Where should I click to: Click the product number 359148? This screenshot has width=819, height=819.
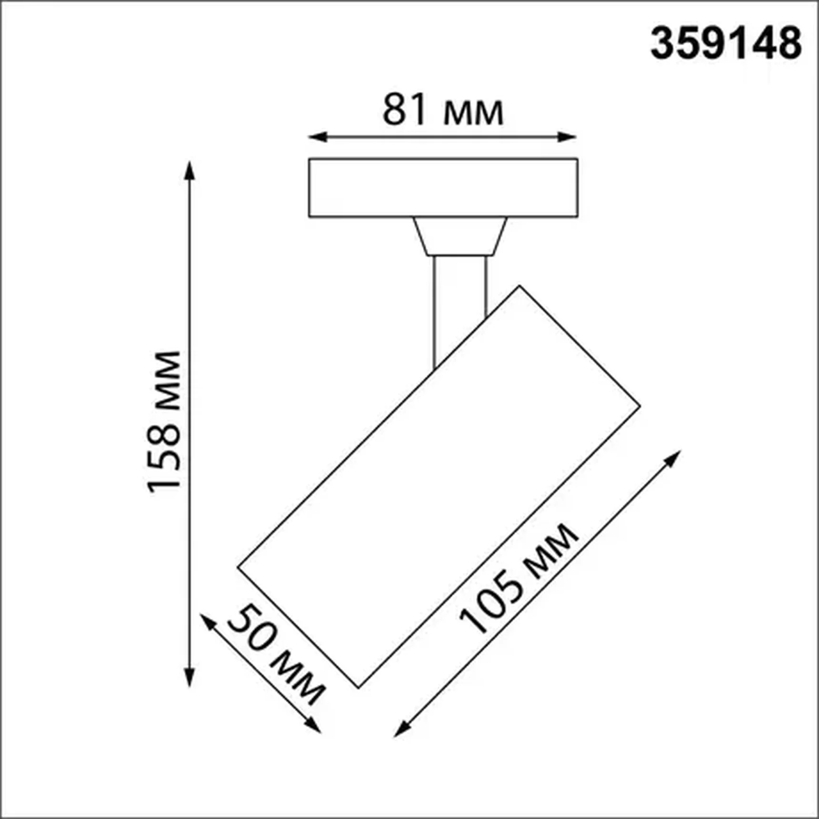(726, 44)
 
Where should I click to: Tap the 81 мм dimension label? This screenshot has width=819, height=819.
(443, 110)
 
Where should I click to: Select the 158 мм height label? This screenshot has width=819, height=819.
(164, 422)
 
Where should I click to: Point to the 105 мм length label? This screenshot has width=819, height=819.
(519, 578)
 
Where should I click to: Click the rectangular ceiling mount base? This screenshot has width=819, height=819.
(443, 188)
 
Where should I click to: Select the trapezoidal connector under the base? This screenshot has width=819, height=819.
(459, 236)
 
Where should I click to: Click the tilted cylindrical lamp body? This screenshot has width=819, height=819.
(438, 486)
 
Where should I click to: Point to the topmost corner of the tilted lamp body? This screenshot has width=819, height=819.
(519, 286)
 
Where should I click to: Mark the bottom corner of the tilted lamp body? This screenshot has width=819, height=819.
(359, 687)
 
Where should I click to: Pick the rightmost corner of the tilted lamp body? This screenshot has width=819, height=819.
(639, 407)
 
